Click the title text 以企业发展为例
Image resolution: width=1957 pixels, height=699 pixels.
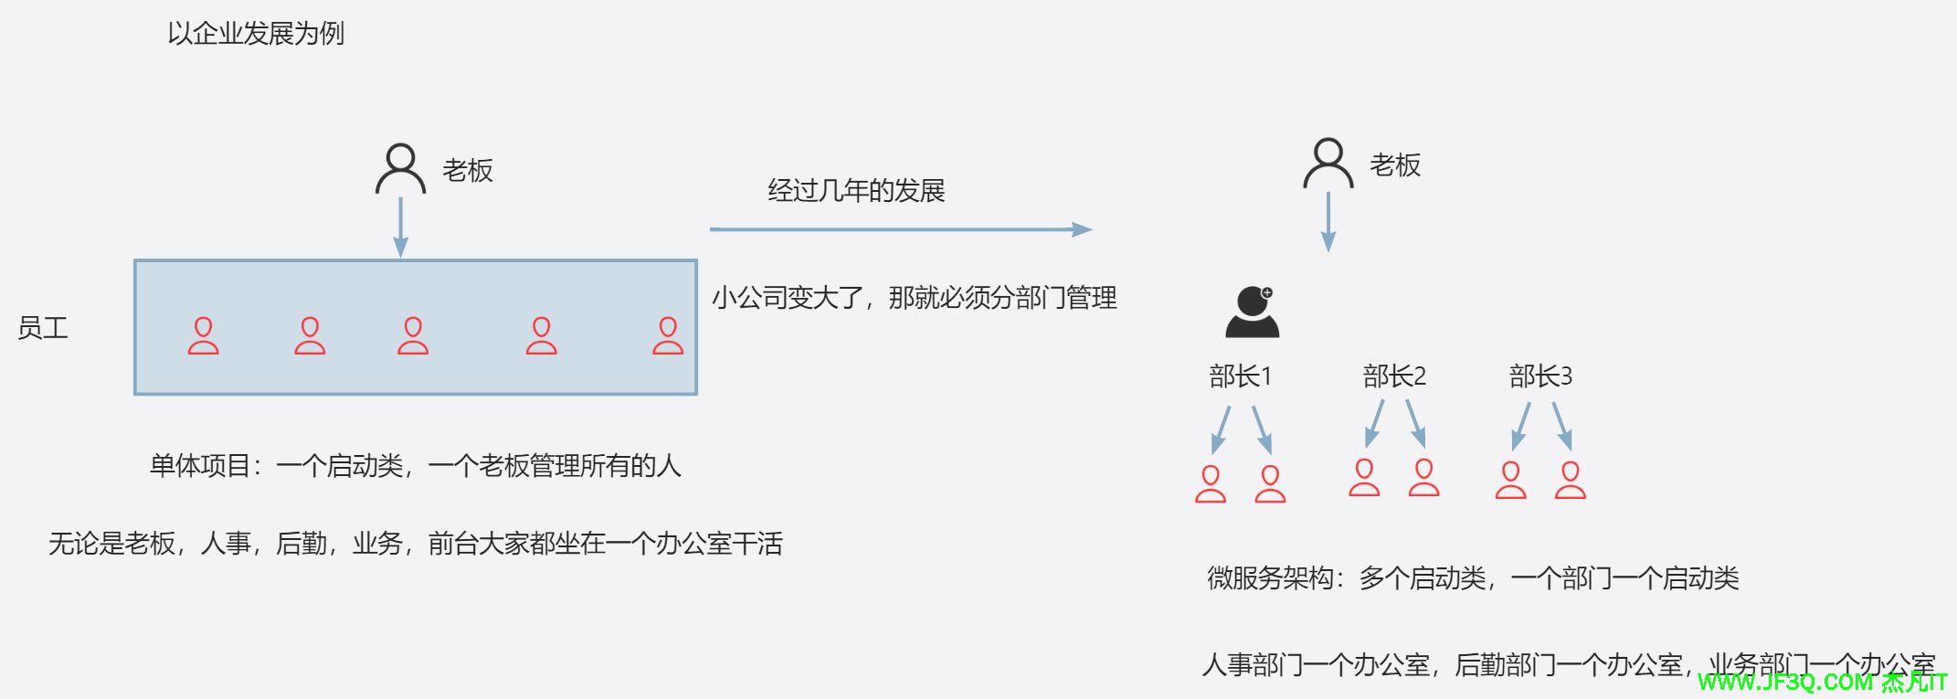(x=256, y=34)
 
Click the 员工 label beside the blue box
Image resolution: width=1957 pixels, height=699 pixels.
(x=43, y=329)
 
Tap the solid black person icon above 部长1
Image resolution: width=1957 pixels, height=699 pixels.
(x=1252, y=312)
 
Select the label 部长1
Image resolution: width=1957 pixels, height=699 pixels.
(x=1240, y=376)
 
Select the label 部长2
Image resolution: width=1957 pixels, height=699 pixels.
(x=1394, y=376)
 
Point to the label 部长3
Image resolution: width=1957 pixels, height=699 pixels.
(x=1540, y=376)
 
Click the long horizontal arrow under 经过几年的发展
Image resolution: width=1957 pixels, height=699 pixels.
(x=900, y=229)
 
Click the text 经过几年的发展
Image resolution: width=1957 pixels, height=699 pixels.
(x=856, y=191)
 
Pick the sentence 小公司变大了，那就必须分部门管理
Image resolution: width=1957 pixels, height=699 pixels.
(x=914, y=298)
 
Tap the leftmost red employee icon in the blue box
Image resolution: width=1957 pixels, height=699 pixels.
(x=203, y=335)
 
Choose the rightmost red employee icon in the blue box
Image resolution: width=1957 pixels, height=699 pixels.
(x=668, y=335)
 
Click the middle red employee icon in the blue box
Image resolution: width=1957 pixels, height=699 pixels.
(x=413, y=335)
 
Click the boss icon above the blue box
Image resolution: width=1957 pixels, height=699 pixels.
(x=400, y=168)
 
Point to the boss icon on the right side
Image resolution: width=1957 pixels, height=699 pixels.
(x=1328, y=164)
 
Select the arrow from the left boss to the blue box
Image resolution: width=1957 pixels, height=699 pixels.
(x=400, y=227)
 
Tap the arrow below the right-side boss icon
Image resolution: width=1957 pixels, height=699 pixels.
(x=1328, y=222)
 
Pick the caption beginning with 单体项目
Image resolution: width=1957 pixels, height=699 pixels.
(x=416, y=466)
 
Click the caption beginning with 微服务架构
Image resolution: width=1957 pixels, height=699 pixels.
(x=1473, y=578)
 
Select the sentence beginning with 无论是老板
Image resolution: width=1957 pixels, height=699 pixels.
(x=416, y=545)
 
